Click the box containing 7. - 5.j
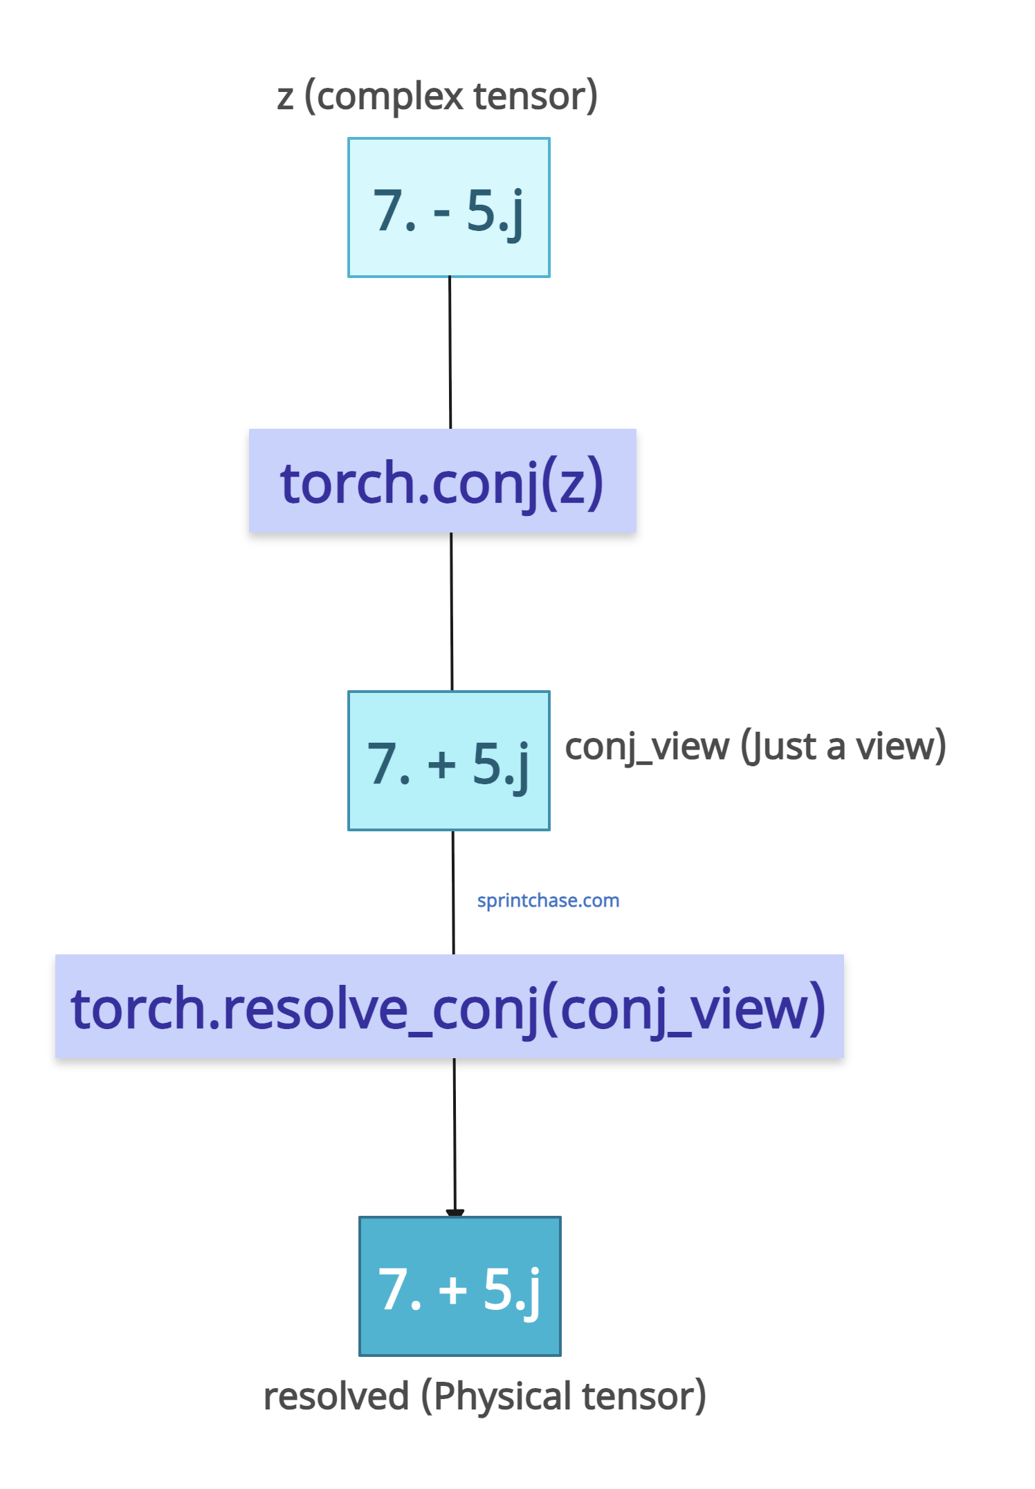click(449, 207)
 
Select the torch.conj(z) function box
click(443, 481)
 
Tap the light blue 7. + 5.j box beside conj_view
click(449, 761)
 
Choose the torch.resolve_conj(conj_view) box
click(450, 1006)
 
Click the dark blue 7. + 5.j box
click(460, 1286)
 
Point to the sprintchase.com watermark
click(548, 900)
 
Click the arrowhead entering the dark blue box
click(455, 1213)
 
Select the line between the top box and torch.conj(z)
click(450, 353)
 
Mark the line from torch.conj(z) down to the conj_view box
click(452, 611)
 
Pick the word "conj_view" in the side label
click(647, 747)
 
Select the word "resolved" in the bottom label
click(336, 1396)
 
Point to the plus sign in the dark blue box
click(453, 1291)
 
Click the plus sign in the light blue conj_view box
click(442, 765)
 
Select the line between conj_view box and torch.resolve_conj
click(453, 893)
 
